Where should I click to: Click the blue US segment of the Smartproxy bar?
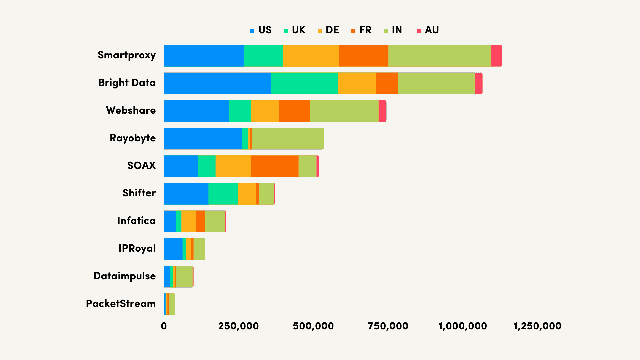coord(204,56)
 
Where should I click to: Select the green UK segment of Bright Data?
coord(304,83)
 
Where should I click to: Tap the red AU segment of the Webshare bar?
coord(382,111)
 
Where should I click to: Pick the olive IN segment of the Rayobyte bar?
coord(288,139)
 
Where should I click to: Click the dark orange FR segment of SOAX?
coord(274,166)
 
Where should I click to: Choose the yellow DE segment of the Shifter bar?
coord(247,194)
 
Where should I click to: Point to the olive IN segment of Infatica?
coord(215,221)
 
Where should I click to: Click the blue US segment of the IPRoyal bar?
coord(173,249)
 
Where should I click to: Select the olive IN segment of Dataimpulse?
coord(184,277)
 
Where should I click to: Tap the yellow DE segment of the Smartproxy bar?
coord(311,56)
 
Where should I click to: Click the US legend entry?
coord(261,30)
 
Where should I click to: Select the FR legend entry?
coord(362,30)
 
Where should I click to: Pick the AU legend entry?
coord(428,30)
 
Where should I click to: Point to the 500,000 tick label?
coord(313,326)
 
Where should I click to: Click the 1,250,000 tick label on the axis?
coord(537,326)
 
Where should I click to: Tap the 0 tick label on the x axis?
coord(164,326)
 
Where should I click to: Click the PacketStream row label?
coord(121,304)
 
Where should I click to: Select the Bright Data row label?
coord(127,83)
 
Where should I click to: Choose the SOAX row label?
coord(141,166)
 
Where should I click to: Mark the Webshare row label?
coord(131,110)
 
